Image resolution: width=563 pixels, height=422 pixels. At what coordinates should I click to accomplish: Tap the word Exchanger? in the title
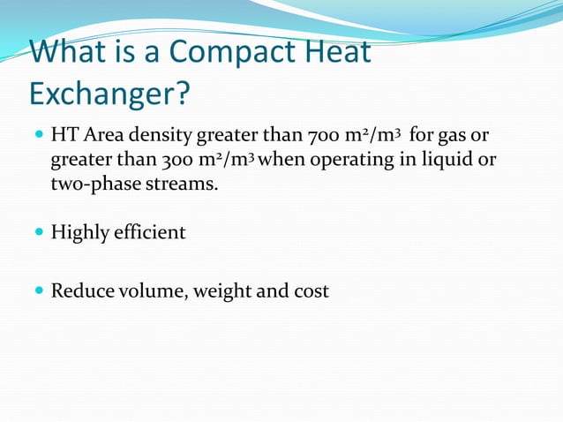[109, 92]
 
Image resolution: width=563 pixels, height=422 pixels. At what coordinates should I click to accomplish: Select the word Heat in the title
[337, 52]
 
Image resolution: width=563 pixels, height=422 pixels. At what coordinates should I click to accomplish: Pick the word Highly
[80, 233]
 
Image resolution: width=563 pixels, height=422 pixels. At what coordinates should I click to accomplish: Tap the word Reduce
[82, 290]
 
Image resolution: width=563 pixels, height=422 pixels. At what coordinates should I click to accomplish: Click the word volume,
[152, 290]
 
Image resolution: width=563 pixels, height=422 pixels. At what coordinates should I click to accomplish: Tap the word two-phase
[91, 184]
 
